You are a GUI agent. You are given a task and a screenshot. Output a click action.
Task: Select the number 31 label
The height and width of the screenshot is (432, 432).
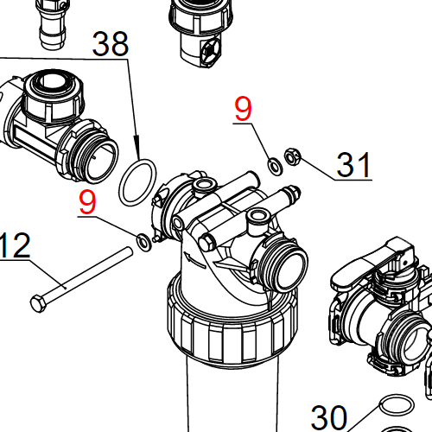353,163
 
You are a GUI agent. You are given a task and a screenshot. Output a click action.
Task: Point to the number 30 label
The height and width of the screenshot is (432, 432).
329,417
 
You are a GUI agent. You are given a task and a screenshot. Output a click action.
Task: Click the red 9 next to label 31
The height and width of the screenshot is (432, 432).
244,109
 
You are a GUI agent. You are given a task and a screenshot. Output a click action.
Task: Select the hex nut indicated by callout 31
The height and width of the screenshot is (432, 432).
292,156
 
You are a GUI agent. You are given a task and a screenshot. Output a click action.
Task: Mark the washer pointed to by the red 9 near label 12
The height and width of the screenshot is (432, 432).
143,240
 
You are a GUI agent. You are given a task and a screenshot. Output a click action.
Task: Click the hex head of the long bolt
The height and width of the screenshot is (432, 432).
37,302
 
